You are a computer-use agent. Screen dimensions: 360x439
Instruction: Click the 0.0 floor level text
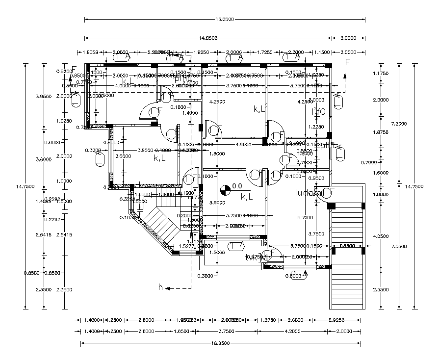237,186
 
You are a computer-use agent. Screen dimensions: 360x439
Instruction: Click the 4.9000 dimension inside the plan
243,145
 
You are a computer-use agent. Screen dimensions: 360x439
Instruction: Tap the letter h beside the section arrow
160,287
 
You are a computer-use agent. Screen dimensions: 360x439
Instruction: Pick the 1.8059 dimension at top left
91,52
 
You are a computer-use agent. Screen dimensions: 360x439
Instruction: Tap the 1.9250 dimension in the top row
202,52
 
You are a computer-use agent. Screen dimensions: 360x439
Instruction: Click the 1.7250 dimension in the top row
265,52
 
